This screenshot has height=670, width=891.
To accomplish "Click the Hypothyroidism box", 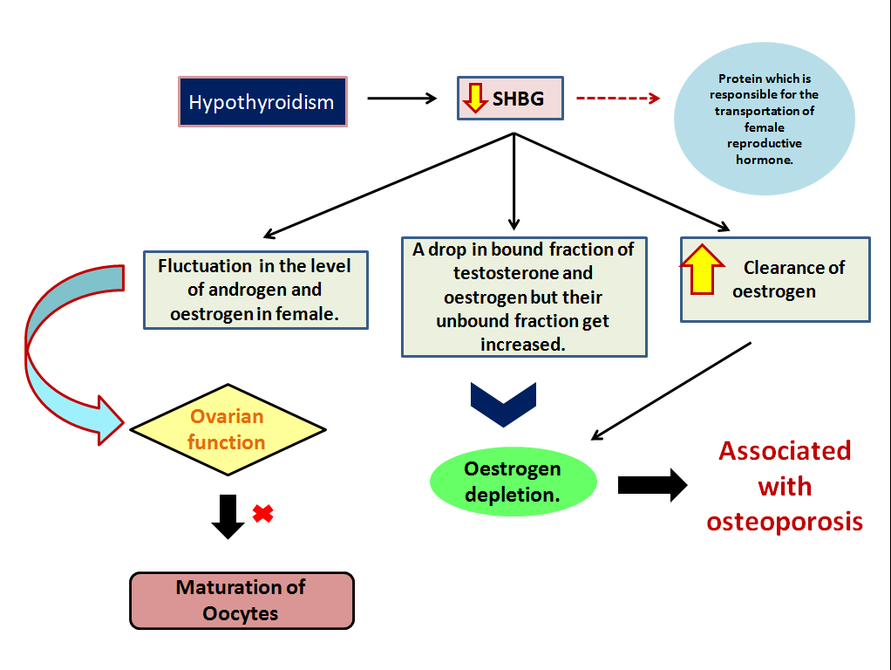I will point(262,102).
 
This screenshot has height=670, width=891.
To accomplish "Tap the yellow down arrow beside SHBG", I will point(474,98).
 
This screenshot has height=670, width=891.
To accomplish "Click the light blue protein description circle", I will point(764,120).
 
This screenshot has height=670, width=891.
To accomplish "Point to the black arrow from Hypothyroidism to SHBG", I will point(401,98).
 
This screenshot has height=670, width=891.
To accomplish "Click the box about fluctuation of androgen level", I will point(255,290).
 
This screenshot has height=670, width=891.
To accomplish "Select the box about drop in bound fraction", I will point(524,297).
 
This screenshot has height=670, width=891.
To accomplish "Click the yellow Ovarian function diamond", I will point(227,429).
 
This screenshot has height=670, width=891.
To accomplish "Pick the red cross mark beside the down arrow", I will point(262,514).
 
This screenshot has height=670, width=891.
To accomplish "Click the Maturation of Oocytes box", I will point(241,600).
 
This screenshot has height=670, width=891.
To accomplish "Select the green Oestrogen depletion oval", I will point(513,482).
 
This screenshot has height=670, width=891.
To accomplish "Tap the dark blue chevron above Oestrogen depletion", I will point(503,404).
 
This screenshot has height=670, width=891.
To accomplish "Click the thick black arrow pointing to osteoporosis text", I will point(652,485).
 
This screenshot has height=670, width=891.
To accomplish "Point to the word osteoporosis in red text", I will point(785,522).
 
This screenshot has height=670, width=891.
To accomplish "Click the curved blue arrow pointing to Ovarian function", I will point(52,349).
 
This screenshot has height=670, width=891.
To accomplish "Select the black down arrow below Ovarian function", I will point(228,516).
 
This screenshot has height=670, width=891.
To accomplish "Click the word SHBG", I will point(518,99).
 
